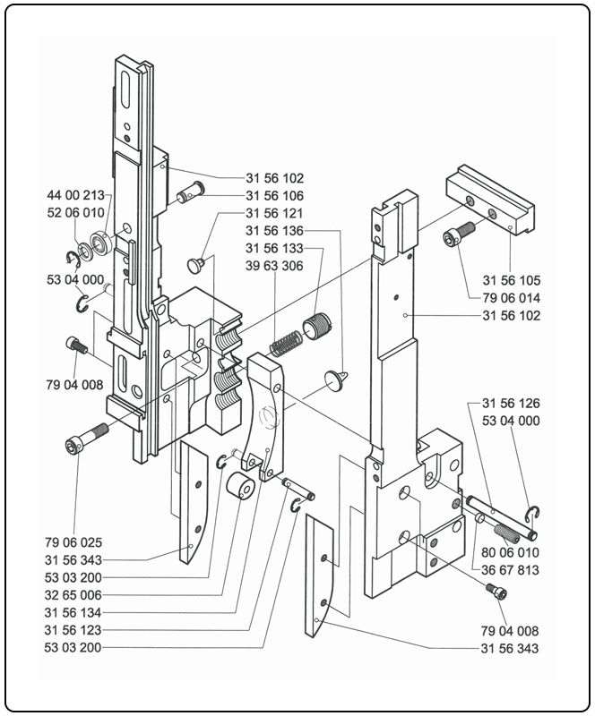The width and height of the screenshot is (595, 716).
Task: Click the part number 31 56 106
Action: (274, 195)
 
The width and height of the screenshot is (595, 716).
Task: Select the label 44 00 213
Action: (76, 194)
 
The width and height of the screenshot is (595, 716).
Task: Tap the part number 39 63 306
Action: (274, 265)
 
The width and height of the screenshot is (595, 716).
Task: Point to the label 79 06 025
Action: (74, 541)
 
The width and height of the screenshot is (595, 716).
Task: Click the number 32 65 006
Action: (74, 593)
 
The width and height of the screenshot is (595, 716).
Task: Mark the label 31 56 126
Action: (512, 403)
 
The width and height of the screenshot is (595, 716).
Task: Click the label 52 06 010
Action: (76, 212)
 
